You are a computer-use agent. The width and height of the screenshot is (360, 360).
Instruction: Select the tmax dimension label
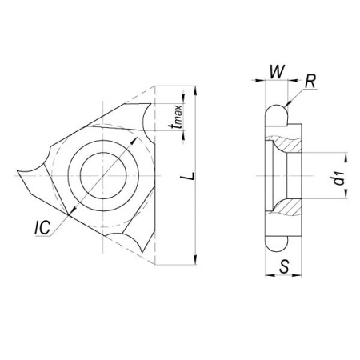click(178, 117)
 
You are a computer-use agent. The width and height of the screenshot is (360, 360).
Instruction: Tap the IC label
click(42, 227)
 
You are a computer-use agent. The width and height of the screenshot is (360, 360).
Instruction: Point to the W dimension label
click(277, 71)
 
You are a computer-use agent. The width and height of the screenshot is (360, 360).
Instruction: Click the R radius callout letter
click(310, 82)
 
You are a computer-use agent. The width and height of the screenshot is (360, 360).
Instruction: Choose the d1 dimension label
click(339, 178)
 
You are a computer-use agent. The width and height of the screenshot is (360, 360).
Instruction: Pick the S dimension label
click(284, 266)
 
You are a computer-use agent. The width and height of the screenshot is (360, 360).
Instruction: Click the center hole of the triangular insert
click(103, 175)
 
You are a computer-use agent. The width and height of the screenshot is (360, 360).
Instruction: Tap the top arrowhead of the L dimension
click(196, 90)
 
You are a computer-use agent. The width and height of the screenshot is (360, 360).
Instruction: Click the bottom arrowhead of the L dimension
click(196, 260)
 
